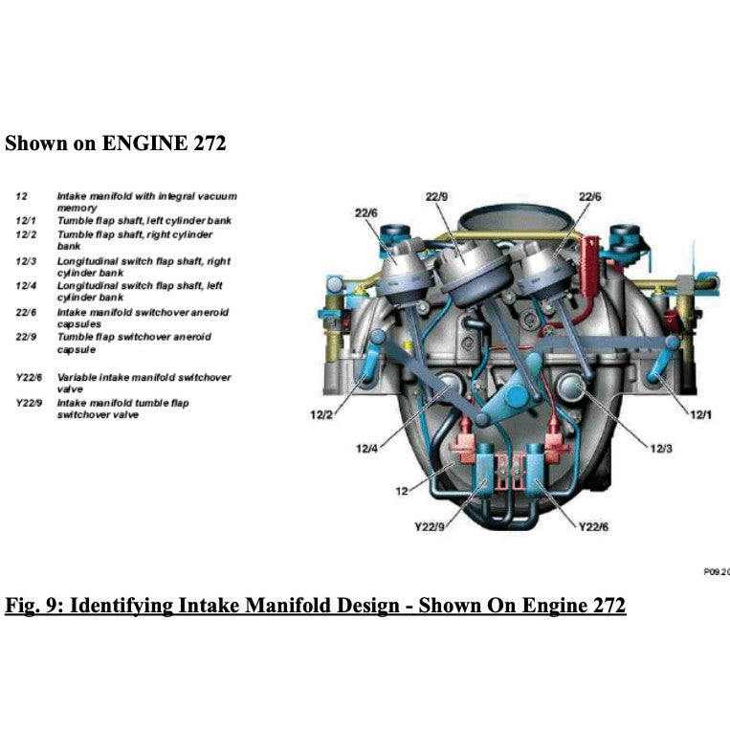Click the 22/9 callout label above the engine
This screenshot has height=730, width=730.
pos(436,196)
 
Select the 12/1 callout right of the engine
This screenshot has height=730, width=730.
pos(701,414)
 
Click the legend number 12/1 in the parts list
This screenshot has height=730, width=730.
pos(26,221)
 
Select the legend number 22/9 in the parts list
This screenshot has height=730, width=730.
pos(27,337)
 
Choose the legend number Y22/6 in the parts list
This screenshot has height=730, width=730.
pos(30,377)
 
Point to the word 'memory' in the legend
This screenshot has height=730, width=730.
pos(77,208)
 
